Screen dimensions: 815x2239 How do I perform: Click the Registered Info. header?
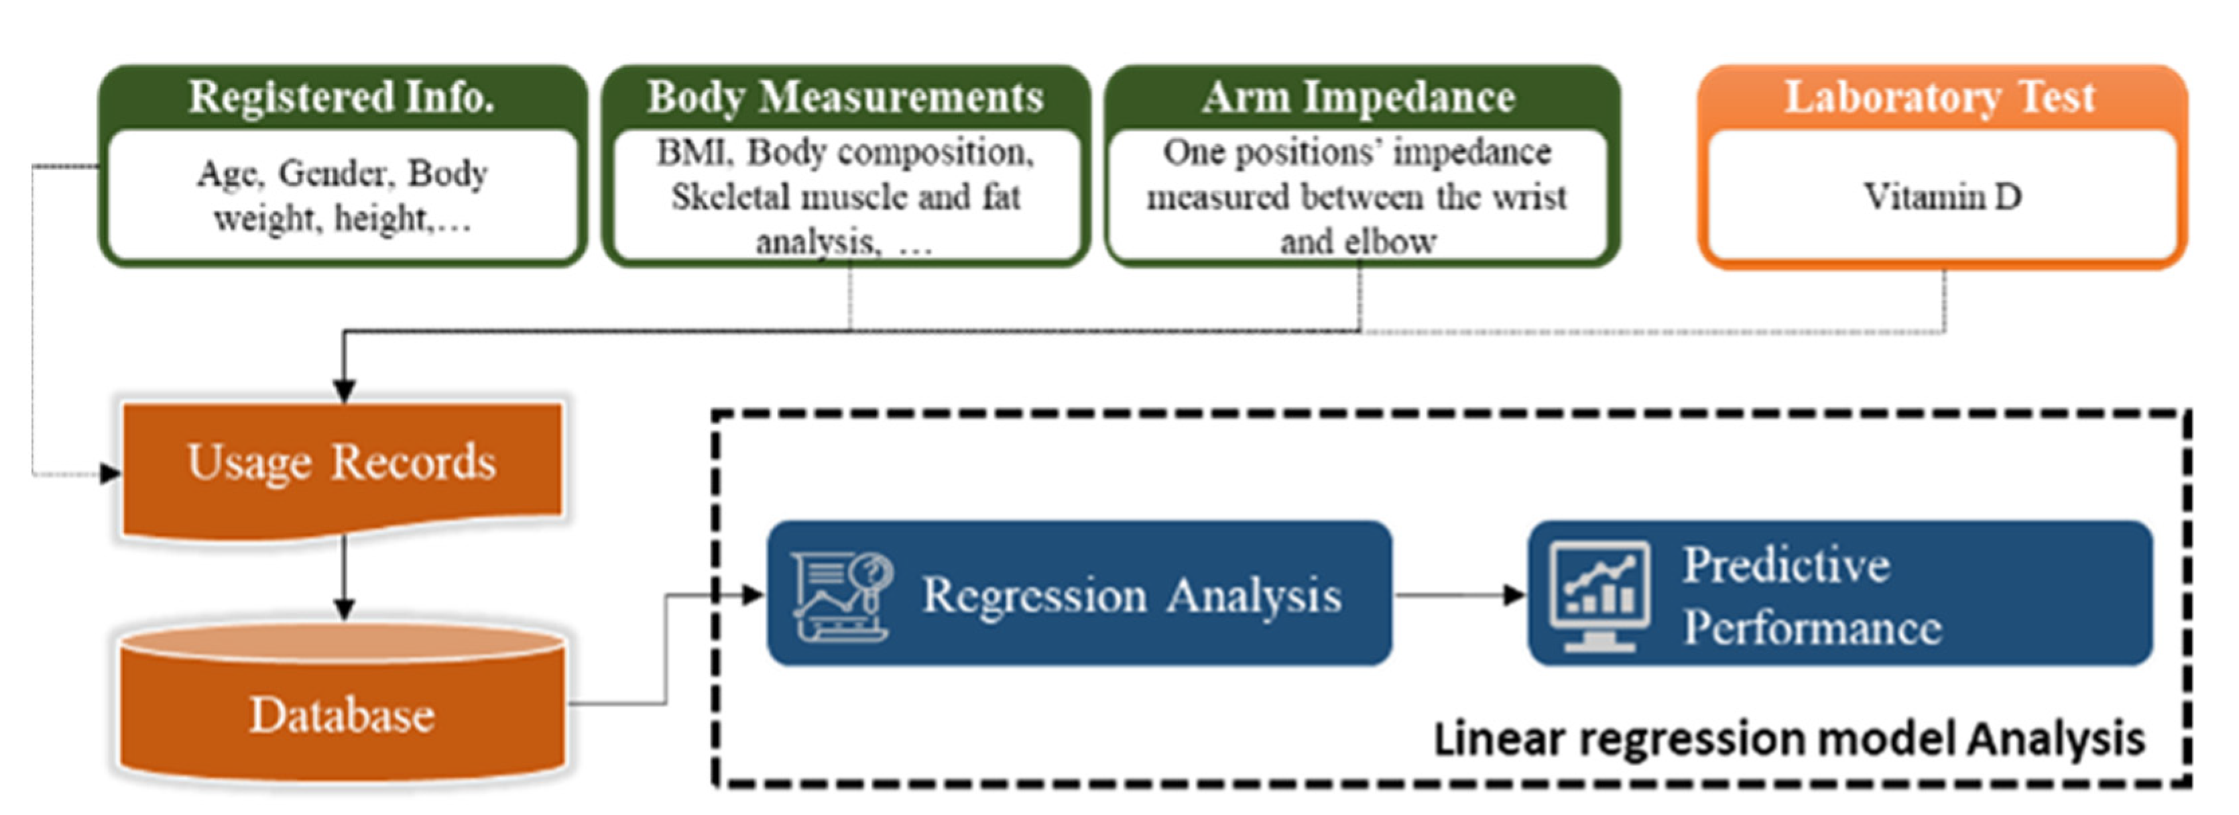point(342,97)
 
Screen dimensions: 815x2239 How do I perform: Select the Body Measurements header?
point(845,97)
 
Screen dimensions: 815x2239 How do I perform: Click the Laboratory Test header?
point(1940,97)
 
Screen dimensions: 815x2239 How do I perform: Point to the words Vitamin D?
point(1942,197)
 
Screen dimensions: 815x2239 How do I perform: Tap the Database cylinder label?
point(342,715)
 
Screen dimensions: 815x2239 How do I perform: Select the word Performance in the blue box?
point(1811,628)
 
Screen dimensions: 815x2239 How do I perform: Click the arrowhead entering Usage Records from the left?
point(111,474)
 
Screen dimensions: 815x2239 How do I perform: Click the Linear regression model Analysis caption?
point(1788,739)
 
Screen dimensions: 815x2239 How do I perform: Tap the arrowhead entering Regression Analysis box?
point(753,595)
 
